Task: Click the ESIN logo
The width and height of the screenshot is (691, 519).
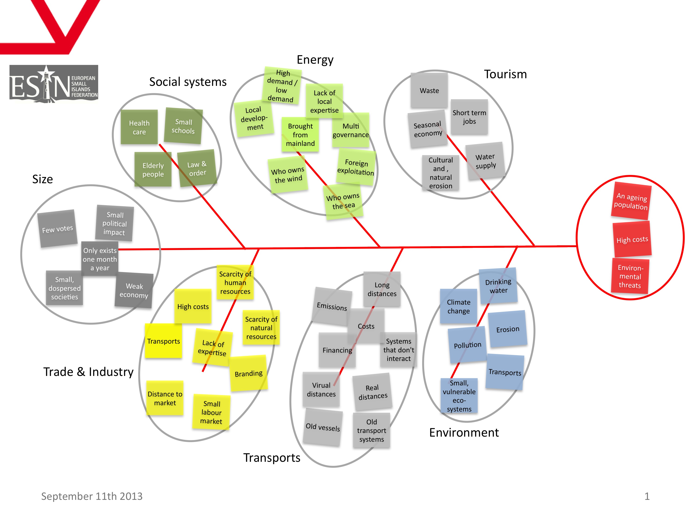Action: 54,84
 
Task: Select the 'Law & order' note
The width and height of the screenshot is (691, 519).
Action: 197,168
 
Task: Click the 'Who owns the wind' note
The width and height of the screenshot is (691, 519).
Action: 288,174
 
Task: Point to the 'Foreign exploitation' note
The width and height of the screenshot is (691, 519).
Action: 356,167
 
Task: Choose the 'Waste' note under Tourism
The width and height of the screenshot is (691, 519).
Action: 429,90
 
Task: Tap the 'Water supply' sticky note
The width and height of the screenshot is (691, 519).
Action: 485,161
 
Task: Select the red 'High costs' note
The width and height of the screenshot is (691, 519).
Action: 632,239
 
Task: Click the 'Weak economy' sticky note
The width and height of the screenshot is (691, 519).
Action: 134,290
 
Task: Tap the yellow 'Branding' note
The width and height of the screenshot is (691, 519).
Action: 249,373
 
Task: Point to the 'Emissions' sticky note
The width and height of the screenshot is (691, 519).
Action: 332,306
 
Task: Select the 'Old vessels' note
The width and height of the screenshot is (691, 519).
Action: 323,427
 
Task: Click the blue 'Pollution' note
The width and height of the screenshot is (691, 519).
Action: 467,345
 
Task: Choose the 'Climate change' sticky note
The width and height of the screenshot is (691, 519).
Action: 458,306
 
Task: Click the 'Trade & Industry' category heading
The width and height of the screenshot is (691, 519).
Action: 88,372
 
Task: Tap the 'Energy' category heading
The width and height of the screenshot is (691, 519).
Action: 315,60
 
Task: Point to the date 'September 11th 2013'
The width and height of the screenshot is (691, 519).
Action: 92,496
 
